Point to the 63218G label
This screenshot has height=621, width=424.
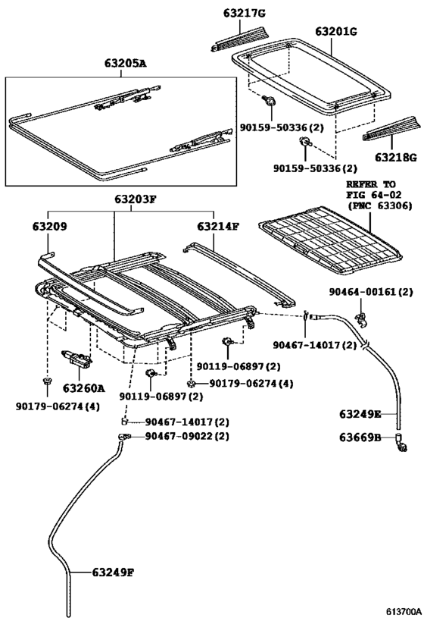(x=391, y=158)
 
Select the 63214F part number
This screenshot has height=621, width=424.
(x=220, y=226)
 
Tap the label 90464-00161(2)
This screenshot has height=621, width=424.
(x=371, y=291)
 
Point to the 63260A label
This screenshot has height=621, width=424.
(x=83, y=387)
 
